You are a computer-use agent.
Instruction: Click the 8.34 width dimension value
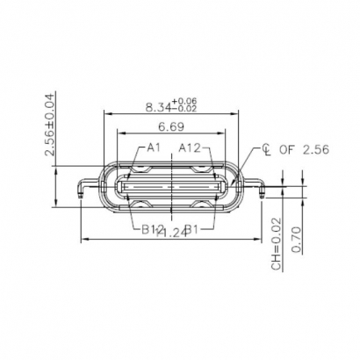pyautogui.click(x=159, y=108)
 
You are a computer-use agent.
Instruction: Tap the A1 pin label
pyautogui.click(x=154, y=148)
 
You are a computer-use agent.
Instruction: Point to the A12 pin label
pyautogui.click(x=192, y=148)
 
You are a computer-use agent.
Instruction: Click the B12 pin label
pyautogui.click(x=153, y=230)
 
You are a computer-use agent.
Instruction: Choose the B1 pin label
pyautogui.click(x=192, y=230)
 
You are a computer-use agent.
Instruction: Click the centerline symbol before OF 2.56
pyautogui.click(x=265, y=149)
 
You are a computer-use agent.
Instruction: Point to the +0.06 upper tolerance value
pyautogui.click(x=185, y=102)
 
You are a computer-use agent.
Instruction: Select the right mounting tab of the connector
pyautogui.click(x=264, y=187)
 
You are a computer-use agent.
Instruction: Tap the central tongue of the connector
pyautogui.click(x=174, y=187)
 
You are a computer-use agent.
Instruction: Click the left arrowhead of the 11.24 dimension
pyautogui.click(x=83, y=239)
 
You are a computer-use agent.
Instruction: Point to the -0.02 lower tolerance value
pyautogui.click(x=185, y=110)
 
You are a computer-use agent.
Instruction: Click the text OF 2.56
pyautogui.click(x=304, y=149)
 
